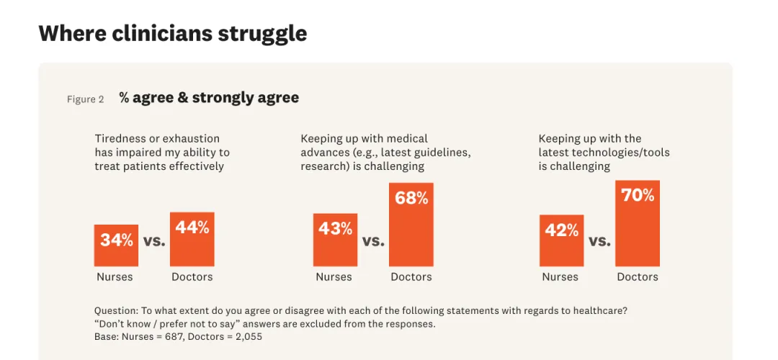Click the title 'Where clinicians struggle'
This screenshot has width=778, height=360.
[173, 34]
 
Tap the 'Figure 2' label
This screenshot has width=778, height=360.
[85, 99]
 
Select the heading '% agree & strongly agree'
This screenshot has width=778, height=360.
[209, 98]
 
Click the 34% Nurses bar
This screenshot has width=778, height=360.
[116, 246]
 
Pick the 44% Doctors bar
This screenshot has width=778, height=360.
[192, 239]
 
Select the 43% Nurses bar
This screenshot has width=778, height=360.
[335, 240]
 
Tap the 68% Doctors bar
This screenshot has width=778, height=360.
[411, 225]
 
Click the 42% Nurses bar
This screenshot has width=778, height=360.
[562, 240]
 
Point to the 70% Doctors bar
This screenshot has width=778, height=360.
[638, 223]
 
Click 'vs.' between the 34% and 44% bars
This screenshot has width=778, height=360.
[154, 241]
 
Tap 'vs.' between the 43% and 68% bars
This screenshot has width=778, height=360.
[373, 241]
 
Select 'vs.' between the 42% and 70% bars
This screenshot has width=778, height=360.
[600, 241]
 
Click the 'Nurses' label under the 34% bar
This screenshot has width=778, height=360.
[115, 276]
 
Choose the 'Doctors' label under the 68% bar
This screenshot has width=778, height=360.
[411, 276]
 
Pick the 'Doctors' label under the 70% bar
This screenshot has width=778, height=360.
[638, 276]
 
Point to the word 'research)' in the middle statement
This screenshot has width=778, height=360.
[325, 166]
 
